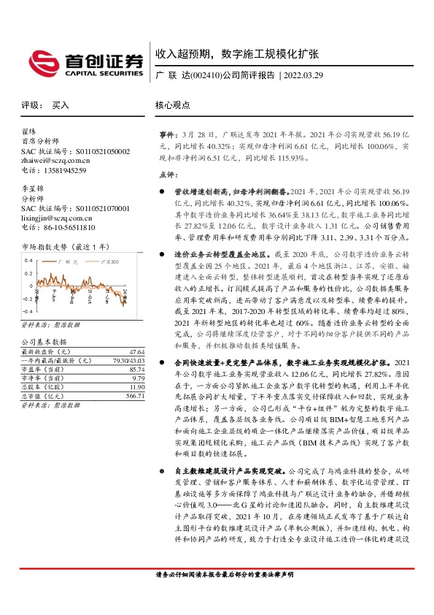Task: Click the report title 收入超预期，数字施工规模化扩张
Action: tap(237, 54)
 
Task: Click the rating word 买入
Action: tap(60, 105)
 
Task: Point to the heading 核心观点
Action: tap(172, 105)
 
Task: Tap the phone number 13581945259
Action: tap(64, 170)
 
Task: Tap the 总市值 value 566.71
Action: tap(133, 395)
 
